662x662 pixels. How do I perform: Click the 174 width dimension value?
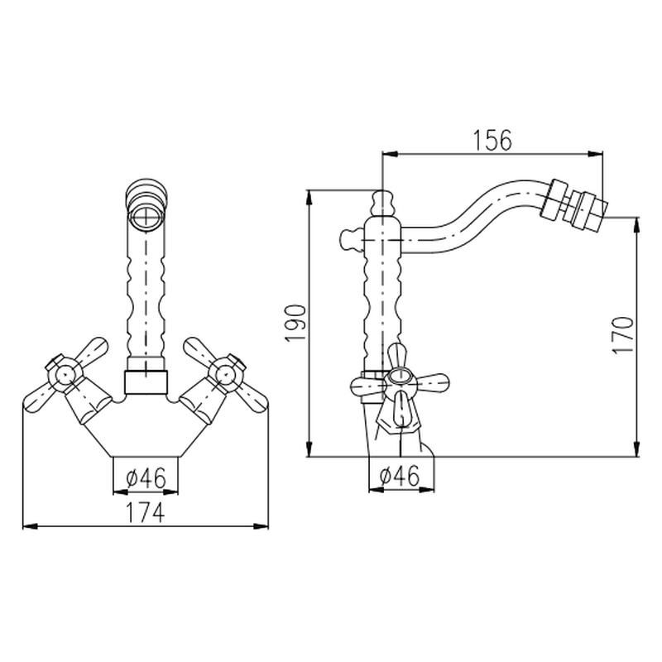pyautogui.click(x=146, y=512)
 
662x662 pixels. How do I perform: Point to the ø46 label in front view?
pyautogui.click(x=146, y=477)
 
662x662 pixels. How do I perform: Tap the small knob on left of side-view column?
pyautogui.click(x=349, y=239)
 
